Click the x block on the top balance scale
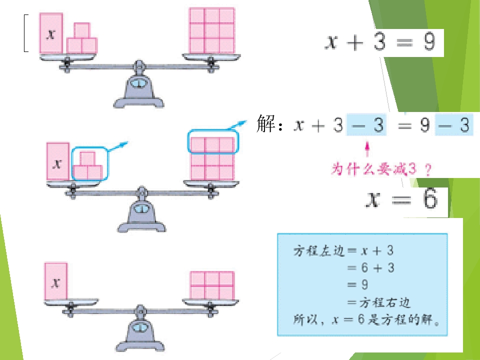51,33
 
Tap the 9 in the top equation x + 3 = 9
429,42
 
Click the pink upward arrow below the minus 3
367,149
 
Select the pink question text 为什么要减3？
381,169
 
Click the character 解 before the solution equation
266,123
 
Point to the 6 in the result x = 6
430,199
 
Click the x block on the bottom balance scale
55,280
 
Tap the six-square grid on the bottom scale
212,285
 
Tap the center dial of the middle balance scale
141,209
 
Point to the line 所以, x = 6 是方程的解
366,320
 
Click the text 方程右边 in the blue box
384,302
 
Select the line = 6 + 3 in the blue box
370,268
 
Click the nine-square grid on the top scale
212,30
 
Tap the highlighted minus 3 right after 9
454,124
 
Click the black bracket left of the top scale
26,33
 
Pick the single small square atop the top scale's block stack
82,30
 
